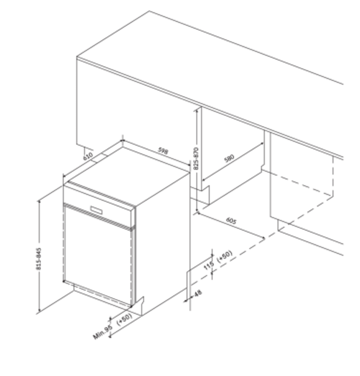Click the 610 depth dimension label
[x=88, y=156]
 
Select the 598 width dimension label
[x=163, y=151]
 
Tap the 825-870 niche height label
[x=196, y=159]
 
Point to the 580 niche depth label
[x=228, y=159]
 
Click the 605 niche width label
[x=231, y=221]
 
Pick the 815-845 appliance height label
[x=38, y=259]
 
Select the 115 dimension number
[x=208, y=266]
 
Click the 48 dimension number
[x=198, y=293]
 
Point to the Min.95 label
[x=103, y=332]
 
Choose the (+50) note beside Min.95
[x=125, y=319]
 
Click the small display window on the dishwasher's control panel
[x=97, y=210]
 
